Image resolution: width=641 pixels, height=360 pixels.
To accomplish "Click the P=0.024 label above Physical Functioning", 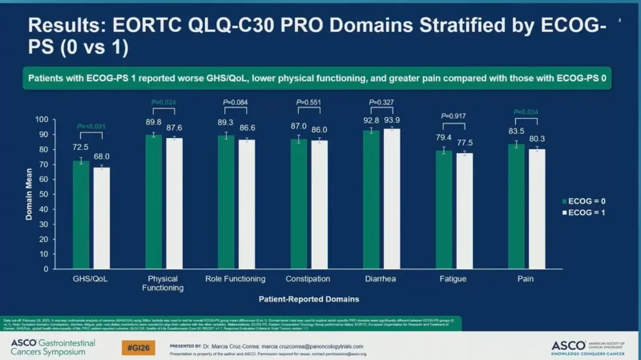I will [163, 102].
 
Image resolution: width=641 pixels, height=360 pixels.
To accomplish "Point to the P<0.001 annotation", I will [91, 127].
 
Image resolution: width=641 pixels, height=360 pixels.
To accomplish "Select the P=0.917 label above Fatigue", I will [454, 116].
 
